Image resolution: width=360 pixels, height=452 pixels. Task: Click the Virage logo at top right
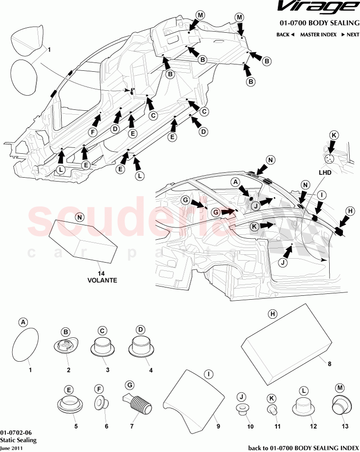(316, 7)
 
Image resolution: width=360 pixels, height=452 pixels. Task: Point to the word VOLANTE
(102, 281)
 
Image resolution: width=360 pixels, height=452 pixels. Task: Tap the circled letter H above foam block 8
(273, 314)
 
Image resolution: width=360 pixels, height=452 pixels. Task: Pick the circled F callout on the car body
(91, 132)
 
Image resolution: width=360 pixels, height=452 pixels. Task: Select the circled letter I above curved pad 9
(209, 374)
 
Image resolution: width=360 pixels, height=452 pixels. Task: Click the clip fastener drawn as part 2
(66, 346)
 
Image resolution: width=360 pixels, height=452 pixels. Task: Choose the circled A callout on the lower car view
(235, 182)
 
